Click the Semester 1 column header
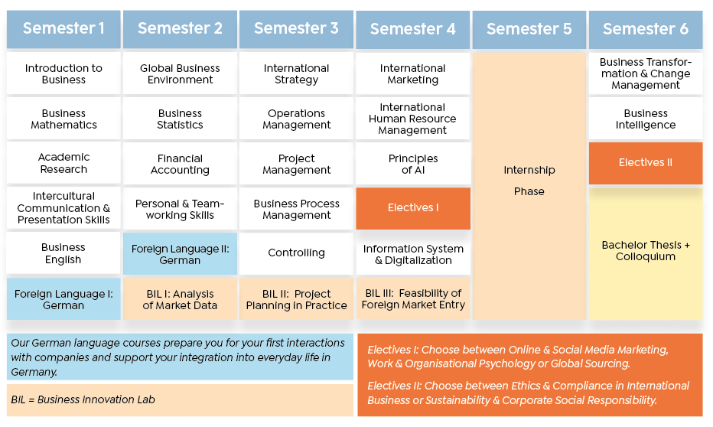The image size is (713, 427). coord(63,28)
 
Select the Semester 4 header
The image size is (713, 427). coord(413,29)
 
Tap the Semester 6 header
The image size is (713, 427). coord(646,29)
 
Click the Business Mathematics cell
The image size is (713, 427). coord(63,119)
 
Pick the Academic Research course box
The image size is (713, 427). coord(63,163)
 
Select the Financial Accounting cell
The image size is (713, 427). coord(180,164)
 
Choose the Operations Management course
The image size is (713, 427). coord(297,119)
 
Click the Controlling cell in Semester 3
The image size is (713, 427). coord(297,253)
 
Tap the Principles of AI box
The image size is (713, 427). coord(413,164)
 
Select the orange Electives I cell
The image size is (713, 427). coord(413,208)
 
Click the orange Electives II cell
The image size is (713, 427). coord(646,163)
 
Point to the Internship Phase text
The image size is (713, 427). coord(529,181)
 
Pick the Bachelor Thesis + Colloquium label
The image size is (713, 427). coord(646,250)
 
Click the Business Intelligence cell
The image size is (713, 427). coord(646,119)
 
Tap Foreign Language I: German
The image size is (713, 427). coord(63,299)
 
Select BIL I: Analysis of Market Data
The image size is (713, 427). coord(180,299)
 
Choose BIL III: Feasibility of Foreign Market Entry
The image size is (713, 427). coord(413,298)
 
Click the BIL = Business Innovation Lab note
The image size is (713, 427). coord(180,399)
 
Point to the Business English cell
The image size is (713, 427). coord(63,253)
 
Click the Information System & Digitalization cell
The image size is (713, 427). coord(413,254)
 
